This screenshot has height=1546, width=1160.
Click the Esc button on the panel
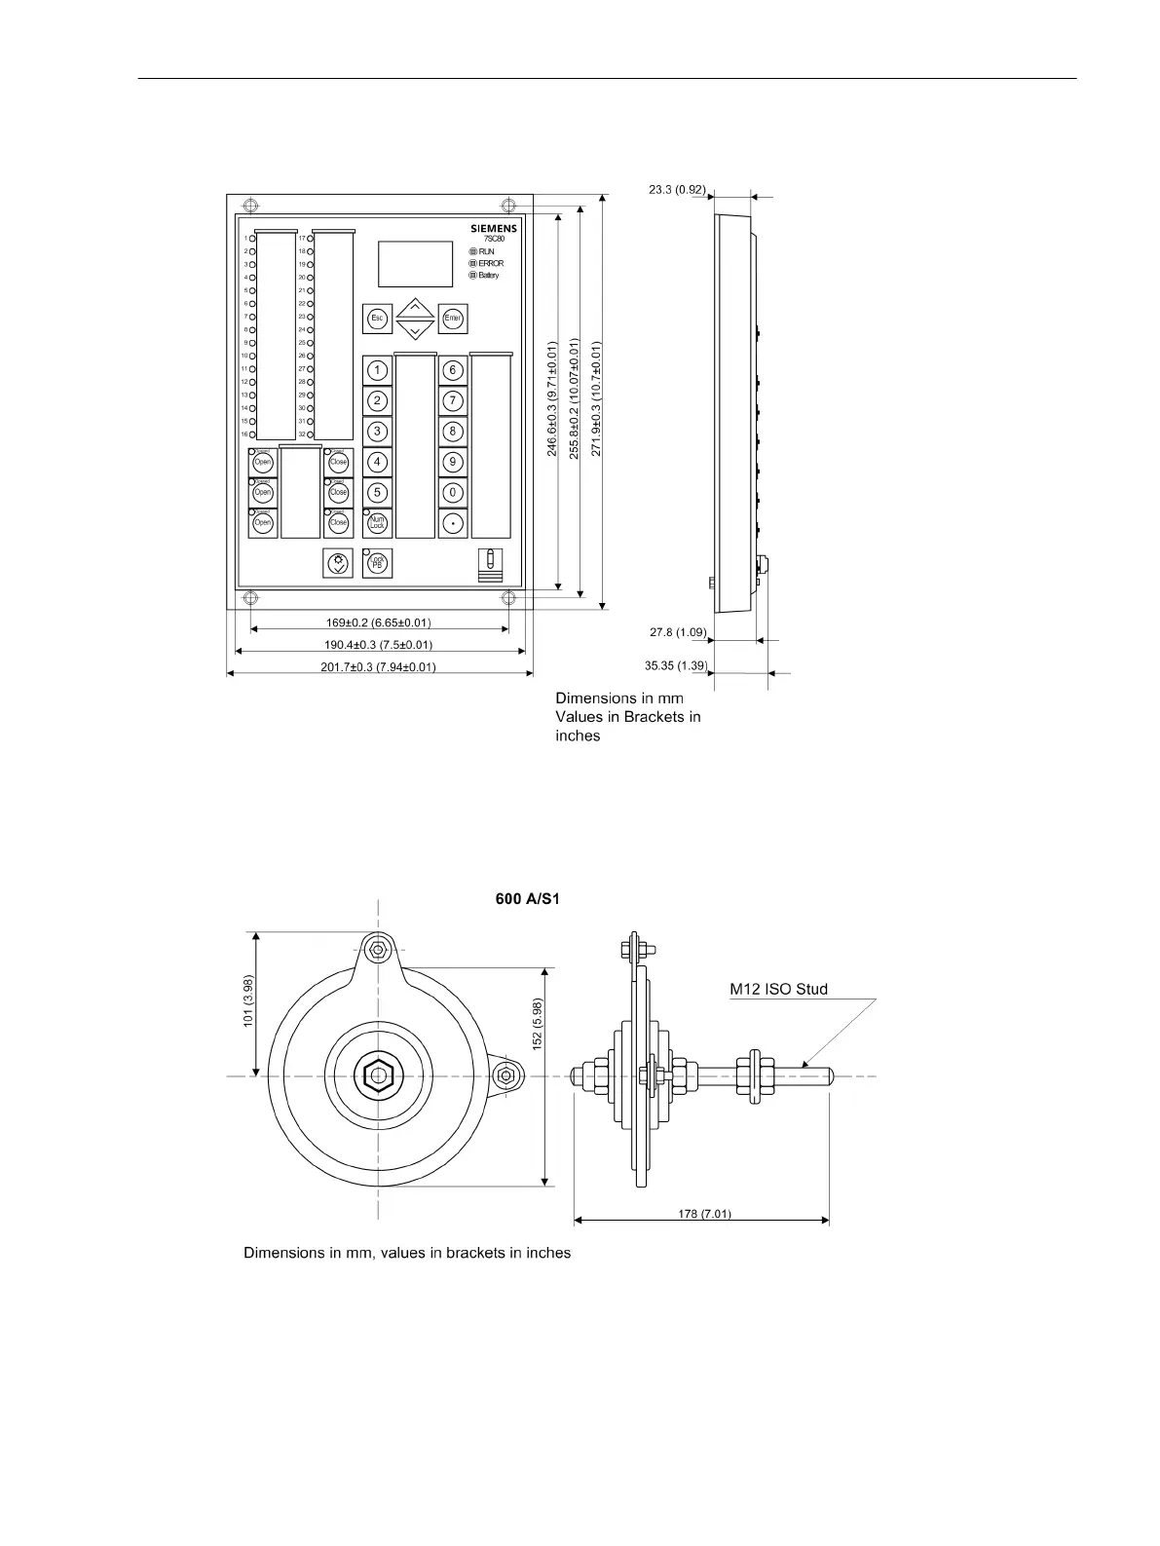(x=377, y=318)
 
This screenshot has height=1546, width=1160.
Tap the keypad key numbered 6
(x=453, y=370)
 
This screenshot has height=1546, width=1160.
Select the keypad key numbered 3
(x=377, y=432)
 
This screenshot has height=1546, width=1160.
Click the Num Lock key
(x=377, y=523)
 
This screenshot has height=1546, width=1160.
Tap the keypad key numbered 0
(x=453, y=493)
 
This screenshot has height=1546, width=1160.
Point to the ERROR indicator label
(x=491, y=264)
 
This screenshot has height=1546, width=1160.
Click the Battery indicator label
(x=488, y=276)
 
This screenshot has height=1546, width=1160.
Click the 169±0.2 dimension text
(x=378, y=622)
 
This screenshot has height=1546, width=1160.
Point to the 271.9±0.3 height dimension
(x=597, y=397)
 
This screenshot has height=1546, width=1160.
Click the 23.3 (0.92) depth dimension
(x=676, y=190)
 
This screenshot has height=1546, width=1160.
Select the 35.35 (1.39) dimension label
(x=676, y=666)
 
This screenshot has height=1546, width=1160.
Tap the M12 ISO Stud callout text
(x=779, y=990)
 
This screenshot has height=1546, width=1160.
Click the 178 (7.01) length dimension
(x=704, y=1214)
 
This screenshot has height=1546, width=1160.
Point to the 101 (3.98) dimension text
(x=249, y=1000)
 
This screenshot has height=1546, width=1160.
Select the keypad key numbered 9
(x=453, y=462)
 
